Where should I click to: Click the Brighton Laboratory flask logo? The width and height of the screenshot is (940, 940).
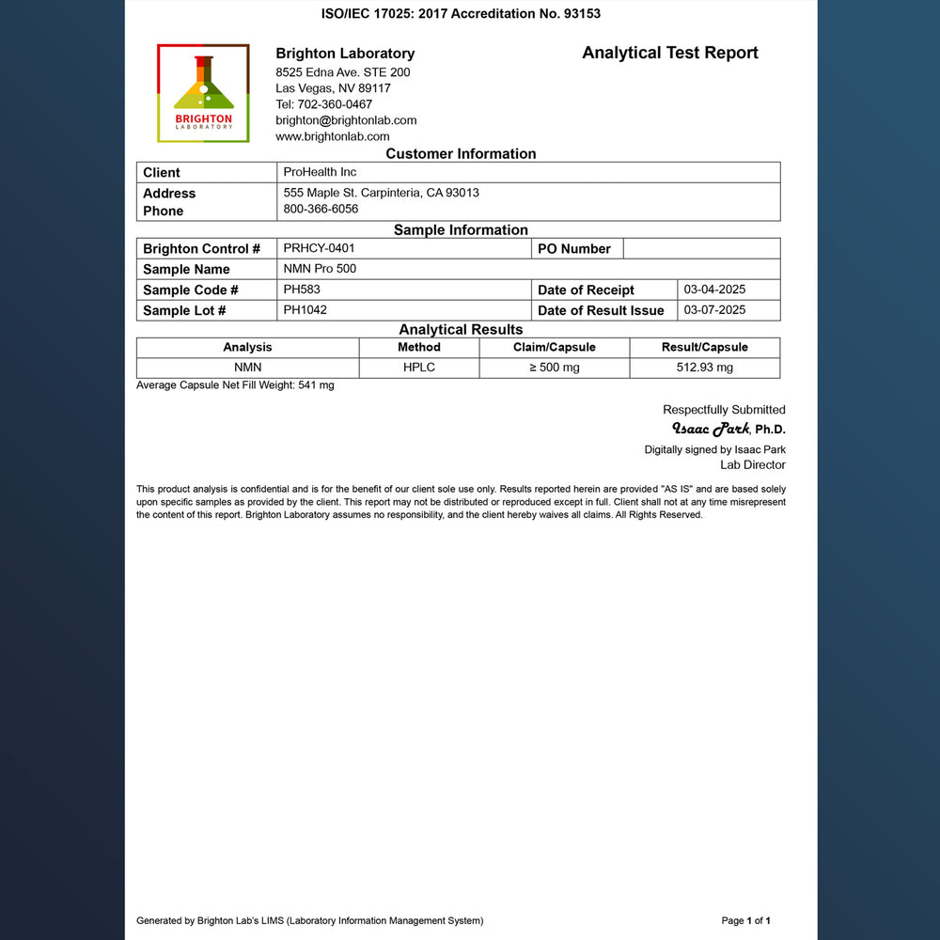coord(203,93)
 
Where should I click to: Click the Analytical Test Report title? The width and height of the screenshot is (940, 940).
coord(669,53)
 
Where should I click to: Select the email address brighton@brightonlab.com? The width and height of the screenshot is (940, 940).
coord(346,120)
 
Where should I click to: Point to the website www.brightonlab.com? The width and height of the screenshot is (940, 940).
coord(333,136)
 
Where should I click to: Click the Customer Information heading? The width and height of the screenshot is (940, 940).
coord(461,154)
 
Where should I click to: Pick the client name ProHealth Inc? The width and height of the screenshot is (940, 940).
coord(320,172)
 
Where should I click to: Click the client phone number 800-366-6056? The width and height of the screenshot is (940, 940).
coord(321,209)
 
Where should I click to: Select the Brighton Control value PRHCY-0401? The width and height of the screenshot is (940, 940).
coord(319,248)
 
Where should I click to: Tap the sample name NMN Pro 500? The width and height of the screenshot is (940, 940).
coord(320,269)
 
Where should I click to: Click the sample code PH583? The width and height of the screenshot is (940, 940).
coord(302,290)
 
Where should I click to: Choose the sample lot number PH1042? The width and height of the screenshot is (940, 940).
coord(305,309)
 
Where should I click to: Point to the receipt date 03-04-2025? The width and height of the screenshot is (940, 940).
coord(714,290)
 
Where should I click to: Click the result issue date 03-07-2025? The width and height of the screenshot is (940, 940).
coord(714,309)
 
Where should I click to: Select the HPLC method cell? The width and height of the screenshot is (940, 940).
coord(419,368)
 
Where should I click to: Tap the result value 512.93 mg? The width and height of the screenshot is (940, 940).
coord(704,368)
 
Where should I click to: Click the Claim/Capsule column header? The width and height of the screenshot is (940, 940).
coord(555,347)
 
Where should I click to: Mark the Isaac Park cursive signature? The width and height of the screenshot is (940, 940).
coord(710,430)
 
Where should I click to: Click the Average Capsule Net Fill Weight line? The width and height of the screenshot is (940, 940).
coord(235,385)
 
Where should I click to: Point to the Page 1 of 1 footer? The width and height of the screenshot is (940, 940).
coord(745,920)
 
